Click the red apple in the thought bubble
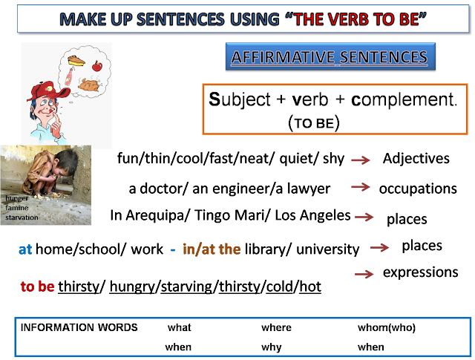pyautogui.click(x=97, y=66)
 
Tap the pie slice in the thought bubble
pyautogui.click(x=76, y=60)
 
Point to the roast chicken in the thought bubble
pyautogui.click(x=89, y=85)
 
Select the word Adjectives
pyautogui.click(x=416, y=159)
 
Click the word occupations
pyautogui.click(x=418, y=189)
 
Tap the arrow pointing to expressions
pyautogui.click(x=364, y=274)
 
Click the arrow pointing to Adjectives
pyautogui.click(x=361, y=160)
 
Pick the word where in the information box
pyautogui.click(x=276, y=327)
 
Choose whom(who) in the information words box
pyautogui.click(x=387, y=327)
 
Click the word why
pyautogui.click(x=272, y=347)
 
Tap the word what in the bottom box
pyautogui.click(x=180, y=327)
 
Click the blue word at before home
pyautogui.click(x=25, y=249)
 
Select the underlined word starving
pyautogui.click(x=186, y=287)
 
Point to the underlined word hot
pyautogui.click(x=310, y=287)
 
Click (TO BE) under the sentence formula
pyautogui.click(x=314, y=123)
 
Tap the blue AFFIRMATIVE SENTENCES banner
pyautogui.click(x=330, y=56)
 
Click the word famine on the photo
pyautogui.click(x=17, y=208)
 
